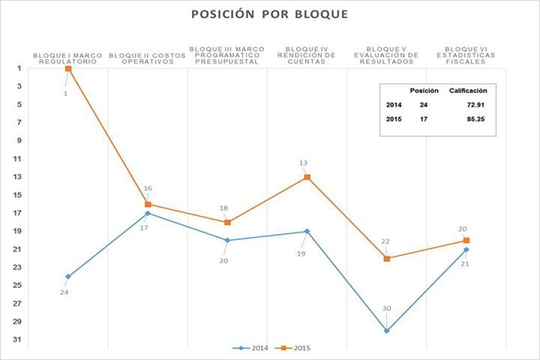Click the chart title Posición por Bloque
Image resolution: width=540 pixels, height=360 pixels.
(x=269, y=15)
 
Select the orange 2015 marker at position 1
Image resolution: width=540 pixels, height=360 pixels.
(x=68, y=68)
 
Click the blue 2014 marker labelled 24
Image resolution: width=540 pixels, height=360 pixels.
(x=68, y=277)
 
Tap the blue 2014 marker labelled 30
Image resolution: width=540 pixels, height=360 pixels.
(x=387, y=331)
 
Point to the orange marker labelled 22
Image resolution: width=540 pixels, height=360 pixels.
(x=387, y=259)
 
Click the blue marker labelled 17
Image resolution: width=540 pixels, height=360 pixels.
(x=148, y=213)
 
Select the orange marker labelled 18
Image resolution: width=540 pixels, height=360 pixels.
(x=227, y=222)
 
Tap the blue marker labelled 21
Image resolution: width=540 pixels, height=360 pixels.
(x=466, y=250)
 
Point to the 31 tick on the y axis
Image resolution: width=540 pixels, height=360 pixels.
(x=17, y=340)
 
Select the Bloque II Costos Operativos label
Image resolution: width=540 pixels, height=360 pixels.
(x=148, y=58)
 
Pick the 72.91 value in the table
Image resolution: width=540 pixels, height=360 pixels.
(x=472, y=104)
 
